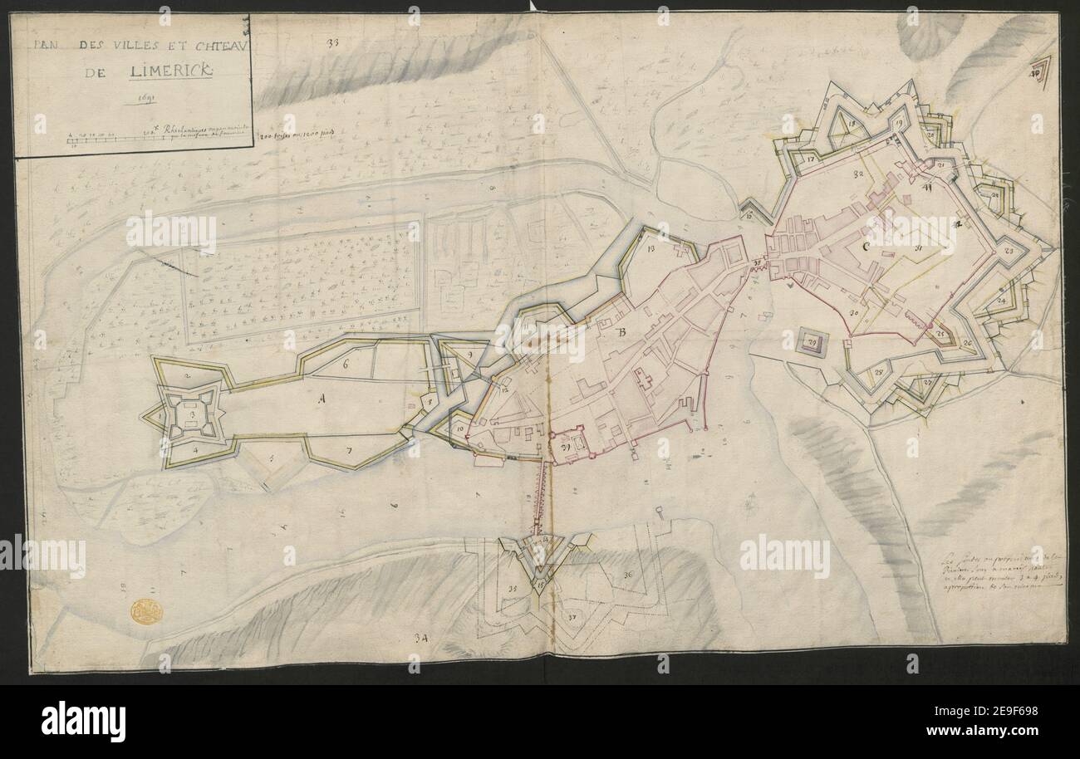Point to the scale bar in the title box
pyautogui.click(x=108, y=137)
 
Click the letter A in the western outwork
pyautogui.click(x=320, y=399)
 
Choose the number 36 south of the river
pyautogui.click(x=628, y=575)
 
